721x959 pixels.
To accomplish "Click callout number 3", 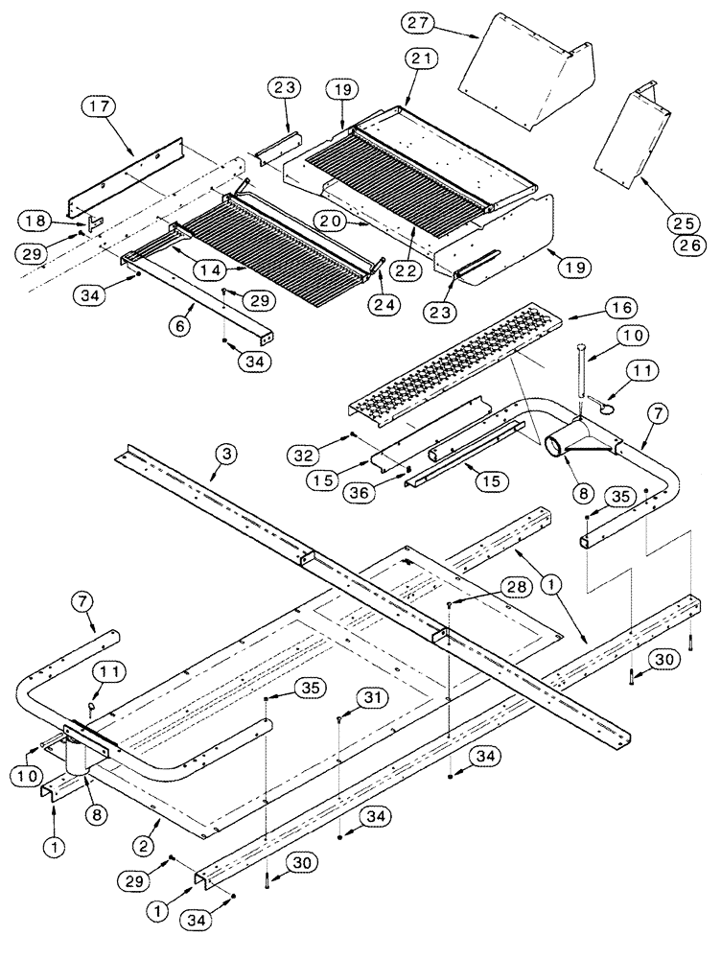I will point(223,453).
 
